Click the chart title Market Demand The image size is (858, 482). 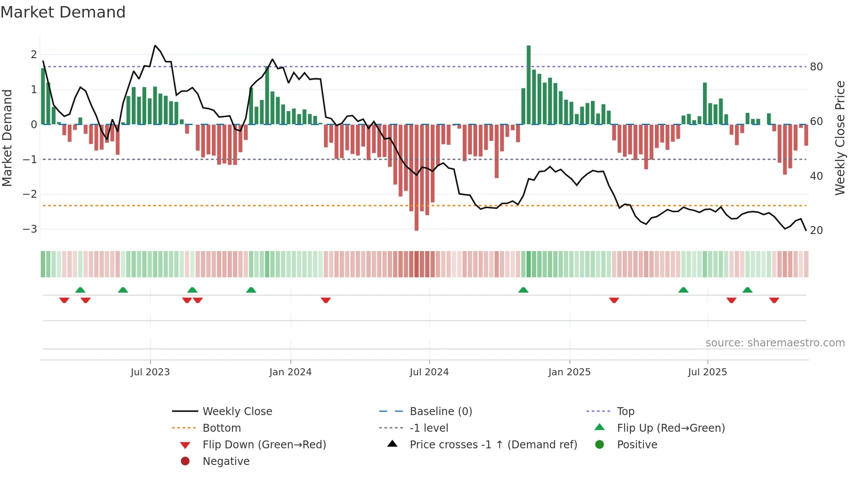63,12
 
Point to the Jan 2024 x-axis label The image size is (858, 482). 290,372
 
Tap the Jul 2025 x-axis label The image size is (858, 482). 707,372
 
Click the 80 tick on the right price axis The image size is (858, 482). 816,67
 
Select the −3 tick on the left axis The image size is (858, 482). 30,229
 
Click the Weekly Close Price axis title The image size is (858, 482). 840,138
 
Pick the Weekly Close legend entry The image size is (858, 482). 237,412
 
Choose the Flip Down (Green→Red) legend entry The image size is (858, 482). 264,445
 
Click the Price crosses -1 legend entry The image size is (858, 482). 493,445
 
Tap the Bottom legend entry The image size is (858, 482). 222,428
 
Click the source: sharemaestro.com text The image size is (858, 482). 775,343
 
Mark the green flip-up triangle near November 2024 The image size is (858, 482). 523,290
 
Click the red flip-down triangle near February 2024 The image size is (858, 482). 326,300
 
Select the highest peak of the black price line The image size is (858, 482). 155,45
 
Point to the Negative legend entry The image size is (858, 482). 226,461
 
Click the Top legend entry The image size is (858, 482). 625,412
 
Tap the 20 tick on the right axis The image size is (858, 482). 816,231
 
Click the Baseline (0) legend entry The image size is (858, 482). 440,412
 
